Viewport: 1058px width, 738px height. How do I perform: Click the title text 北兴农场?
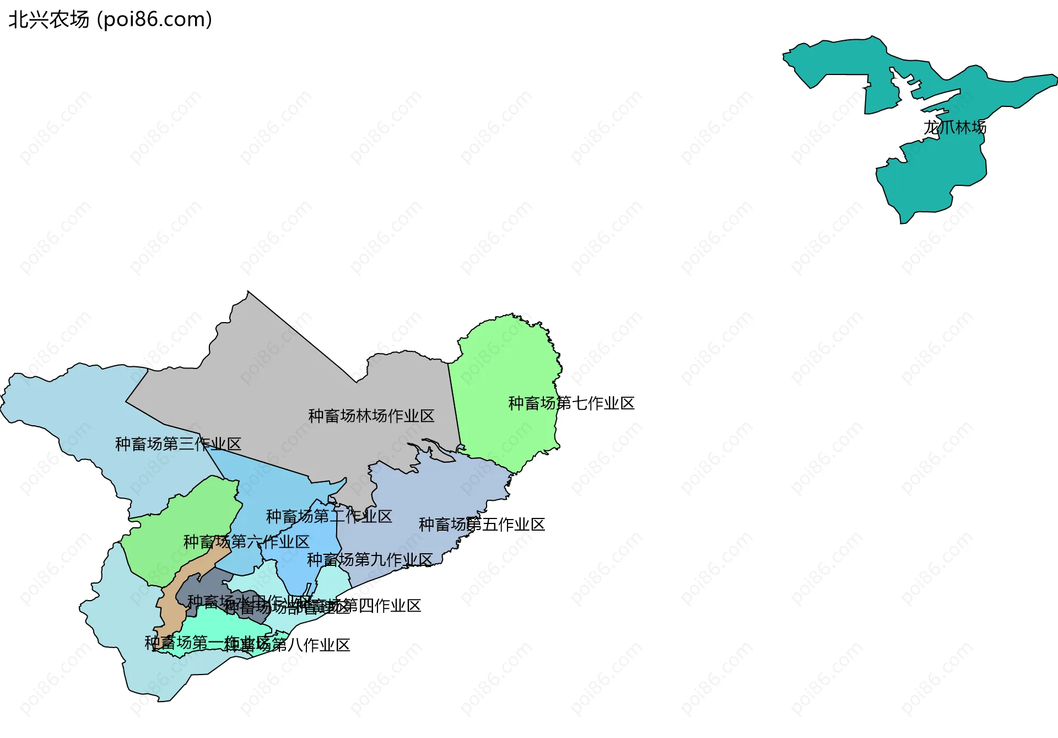(48, 20)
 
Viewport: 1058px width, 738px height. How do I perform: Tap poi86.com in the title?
(154, 20)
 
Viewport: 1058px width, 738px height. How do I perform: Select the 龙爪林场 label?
(954, 127)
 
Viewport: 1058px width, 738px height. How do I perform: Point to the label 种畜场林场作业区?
(371, 416)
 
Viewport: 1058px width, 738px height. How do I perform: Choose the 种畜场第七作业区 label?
(571, 403)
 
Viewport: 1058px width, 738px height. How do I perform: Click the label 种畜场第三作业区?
(178, 444)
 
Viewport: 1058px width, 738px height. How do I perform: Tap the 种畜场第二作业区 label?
(329, 516)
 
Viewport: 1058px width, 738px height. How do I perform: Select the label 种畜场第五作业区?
(482, 525)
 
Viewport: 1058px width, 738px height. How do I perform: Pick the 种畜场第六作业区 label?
(246, 542)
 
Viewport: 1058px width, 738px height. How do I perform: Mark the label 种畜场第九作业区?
(370, 560)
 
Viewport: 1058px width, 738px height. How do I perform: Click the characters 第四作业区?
(386, 606)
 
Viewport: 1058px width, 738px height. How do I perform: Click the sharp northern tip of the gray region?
(248, 292)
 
